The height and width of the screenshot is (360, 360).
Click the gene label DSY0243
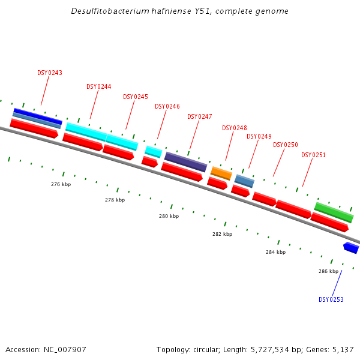(x=50, y=73)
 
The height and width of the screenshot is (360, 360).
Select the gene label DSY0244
(x=99, y=87)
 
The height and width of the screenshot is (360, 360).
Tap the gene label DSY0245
(x=136, y=97)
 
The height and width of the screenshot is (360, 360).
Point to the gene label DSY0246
(x=167, y=107)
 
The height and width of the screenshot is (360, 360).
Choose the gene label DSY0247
(x=200, y=117)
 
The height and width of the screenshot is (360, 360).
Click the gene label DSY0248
(x=235, y=128)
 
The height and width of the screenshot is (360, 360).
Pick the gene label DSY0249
(x=259, y=137)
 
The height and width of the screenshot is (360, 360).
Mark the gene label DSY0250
(x=286, y=145)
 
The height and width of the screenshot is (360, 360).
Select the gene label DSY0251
(x=314, y=155)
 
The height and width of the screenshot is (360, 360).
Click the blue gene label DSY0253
(x=331, y=300)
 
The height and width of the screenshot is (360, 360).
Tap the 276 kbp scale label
(x=61, y=185)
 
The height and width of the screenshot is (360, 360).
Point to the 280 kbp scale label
(x=169, y=216)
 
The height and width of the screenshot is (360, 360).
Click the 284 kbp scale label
(x=275, y=253)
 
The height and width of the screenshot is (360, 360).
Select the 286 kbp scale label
(x=328, y=272)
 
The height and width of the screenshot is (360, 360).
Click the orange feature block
(x=221, y=173)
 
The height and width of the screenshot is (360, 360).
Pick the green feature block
(x=334, y=212)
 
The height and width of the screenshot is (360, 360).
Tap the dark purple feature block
(x=185, y=161)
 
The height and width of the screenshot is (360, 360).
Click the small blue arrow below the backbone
(x=351, y=247)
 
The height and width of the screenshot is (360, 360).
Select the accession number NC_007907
(x=65, y=349)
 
